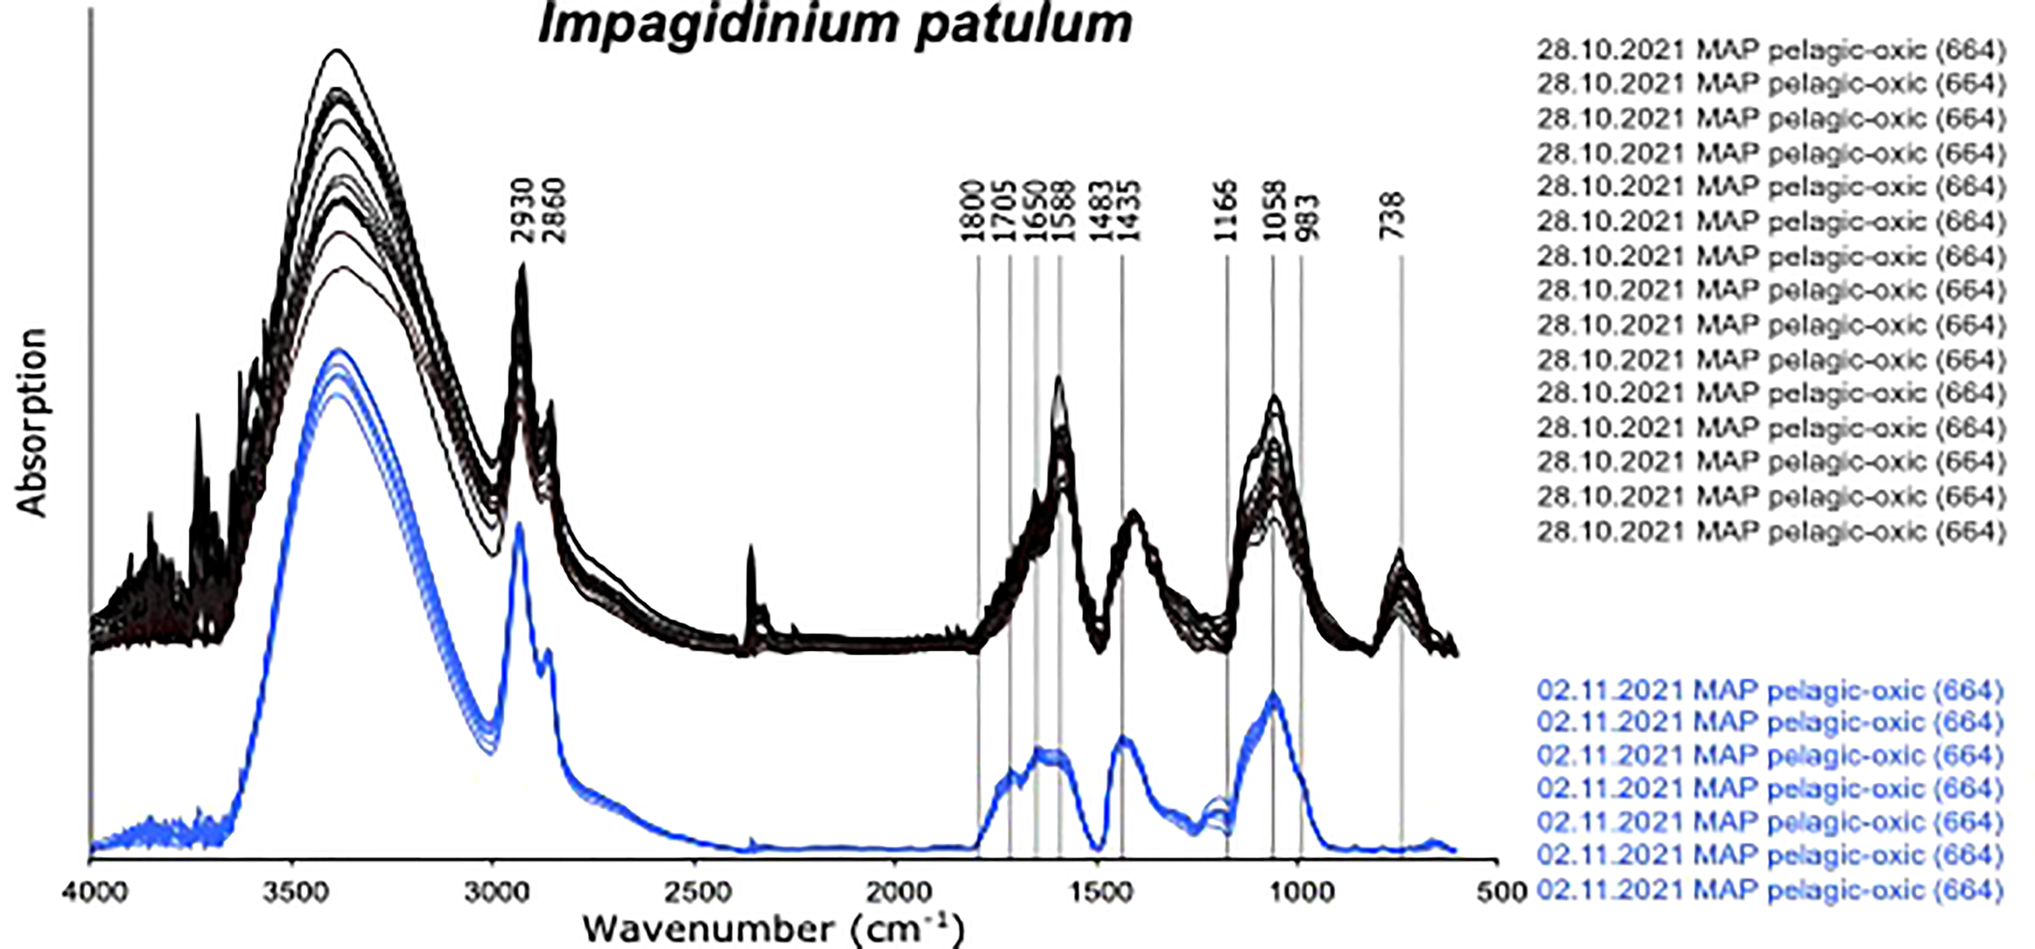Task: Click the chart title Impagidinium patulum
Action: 835,24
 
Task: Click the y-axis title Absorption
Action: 33,423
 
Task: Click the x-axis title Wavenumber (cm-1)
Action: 773,929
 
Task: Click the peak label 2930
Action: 523,212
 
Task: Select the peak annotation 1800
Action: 974,212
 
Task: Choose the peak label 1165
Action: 1225,212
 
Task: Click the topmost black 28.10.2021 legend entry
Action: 1770,50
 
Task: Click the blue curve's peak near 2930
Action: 519,527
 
